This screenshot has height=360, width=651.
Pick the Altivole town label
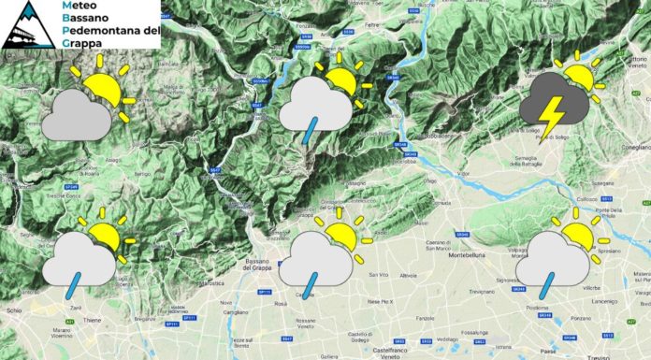[x=408, y=276]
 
